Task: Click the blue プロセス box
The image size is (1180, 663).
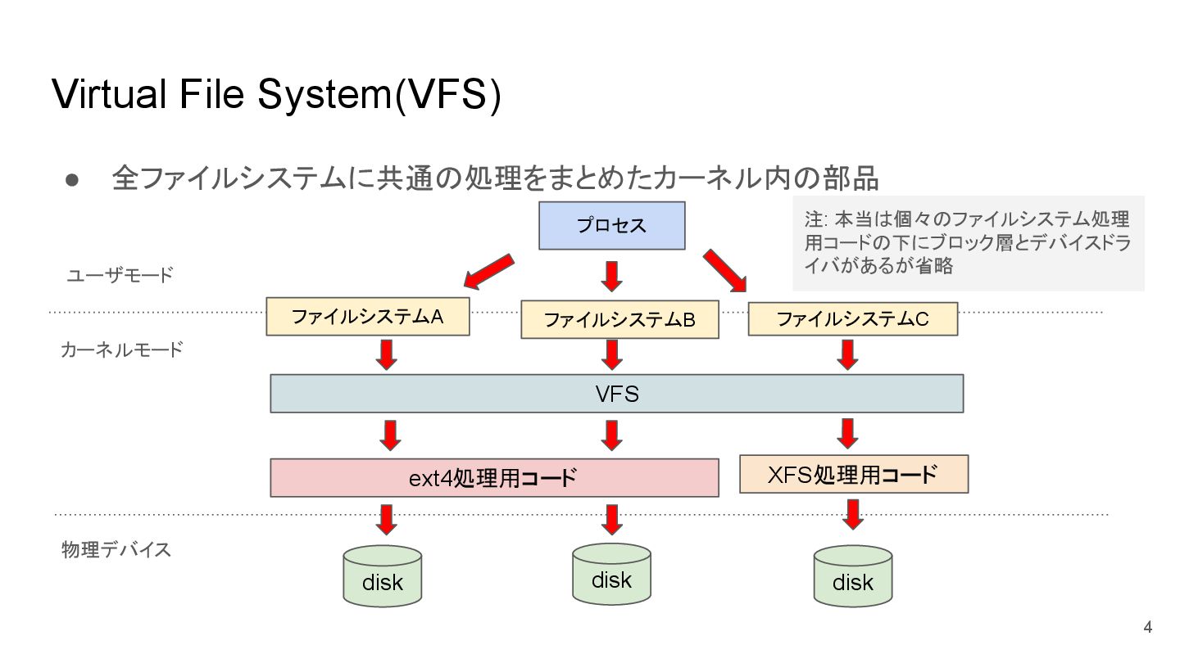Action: (x=611, y=225)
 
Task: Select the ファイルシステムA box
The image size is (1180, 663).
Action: (x=368, y=316)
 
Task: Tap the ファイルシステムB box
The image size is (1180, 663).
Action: (x=619, y=319)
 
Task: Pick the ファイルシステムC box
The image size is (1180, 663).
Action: (x=853, y=319)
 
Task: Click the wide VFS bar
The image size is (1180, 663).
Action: (x=617, y=394)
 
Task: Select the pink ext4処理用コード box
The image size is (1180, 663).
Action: (x=494, y=478)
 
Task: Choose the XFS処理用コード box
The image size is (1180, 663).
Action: (x=854, y=474)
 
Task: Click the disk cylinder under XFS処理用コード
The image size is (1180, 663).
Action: (x=853, y=576)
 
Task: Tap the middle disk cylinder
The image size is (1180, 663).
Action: (x=611, y=574)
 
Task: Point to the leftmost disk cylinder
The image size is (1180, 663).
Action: (x=383, y=576)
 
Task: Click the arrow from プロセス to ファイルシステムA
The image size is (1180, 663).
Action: (x=488, y=272)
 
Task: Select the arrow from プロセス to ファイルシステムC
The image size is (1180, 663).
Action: (x=725, y=270)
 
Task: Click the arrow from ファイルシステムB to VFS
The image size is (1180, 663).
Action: (x=611, y=354)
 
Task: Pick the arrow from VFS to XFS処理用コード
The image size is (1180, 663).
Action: (x=847, y=434)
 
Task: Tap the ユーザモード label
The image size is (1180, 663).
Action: (x=120, y=275)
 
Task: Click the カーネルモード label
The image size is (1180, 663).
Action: (x=122, y=350)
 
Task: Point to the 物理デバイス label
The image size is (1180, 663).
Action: (x=116, y=549)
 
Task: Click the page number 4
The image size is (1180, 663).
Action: (x=1147, y=627)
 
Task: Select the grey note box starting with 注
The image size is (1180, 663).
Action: (x=969, y=243)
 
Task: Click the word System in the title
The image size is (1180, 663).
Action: (x=323, y=95)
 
